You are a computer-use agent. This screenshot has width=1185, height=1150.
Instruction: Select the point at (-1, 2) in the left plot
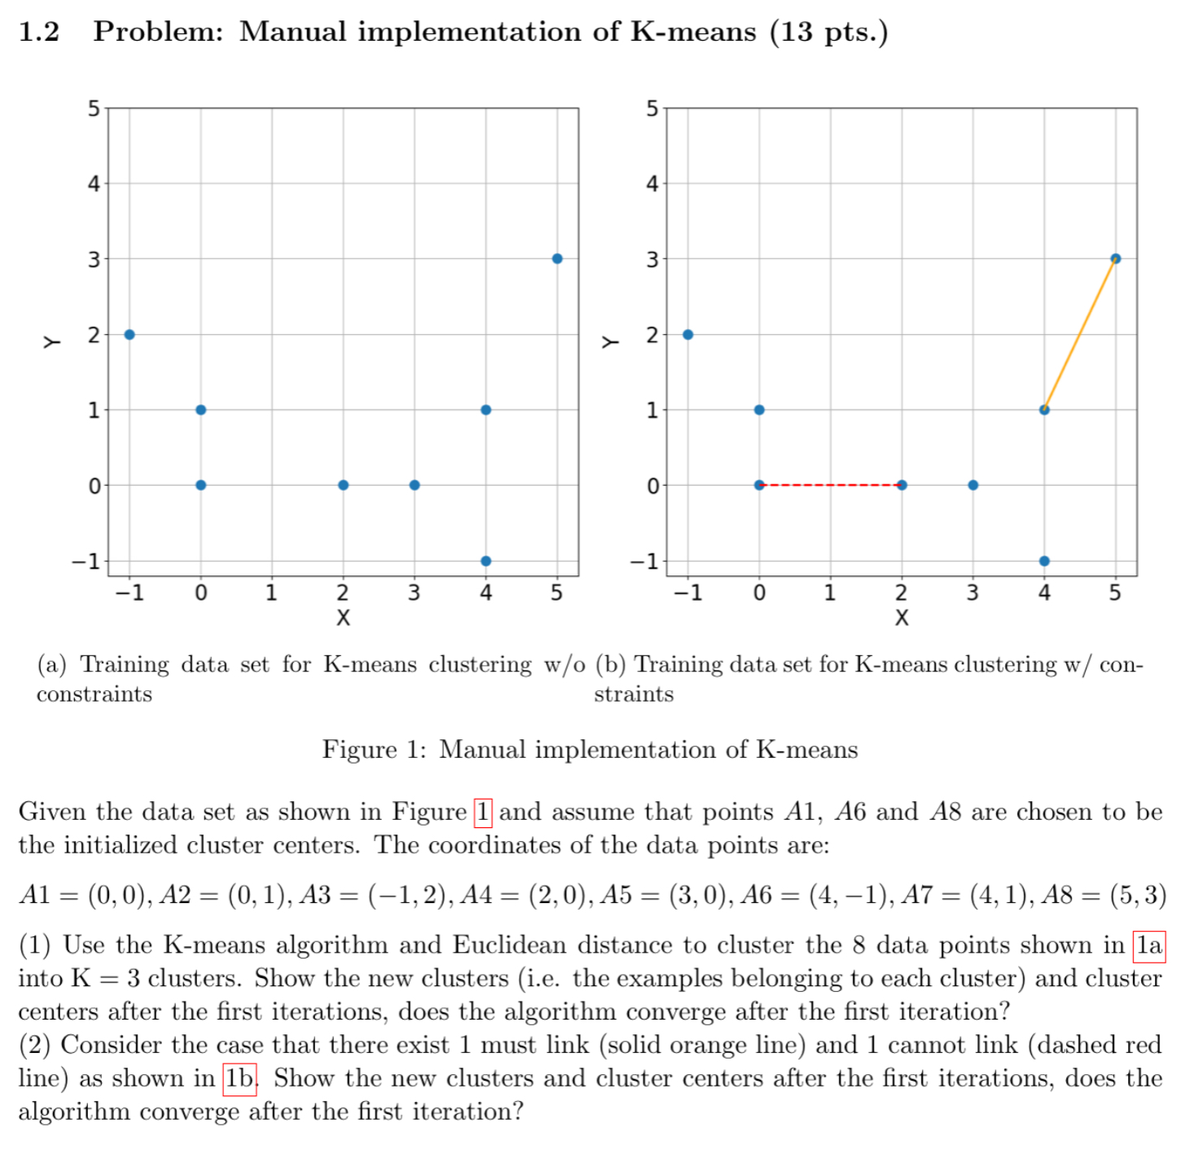point(129,334)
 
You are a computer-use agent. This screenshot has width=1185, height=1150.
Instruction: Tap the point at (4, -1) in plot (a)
point(485,561)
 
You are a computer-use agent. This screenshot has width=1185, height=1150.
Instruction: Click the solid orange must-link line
point(1080,334)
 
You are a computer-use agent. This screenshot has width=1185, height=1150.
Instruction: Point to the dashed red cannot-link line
point(830,485)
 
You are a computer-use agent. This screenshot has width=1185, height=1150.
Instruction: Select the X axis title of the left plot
point(343,618)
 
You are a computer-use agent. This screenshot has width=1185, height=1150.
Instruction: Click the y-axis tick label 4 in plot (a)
point(94,183)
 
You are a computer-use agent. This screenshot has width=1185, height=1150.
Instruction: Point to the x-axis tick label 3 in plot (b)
point(972,593)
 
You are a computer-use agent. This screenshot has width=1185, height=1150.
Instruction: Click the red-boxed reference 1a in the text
point(1149,945)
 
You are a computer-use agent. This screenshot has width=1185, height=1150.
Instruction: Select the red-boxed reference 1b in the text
point(239,1078)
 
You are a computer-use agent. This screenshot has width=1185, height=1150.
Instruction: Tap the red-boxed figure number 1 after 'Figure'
point(483,812)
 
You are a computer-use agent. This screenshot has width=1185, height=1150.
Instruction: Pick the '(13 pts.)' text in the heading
point(828,32)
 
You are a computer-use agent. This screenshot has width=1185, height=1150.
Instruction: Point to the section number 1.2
point(39,32)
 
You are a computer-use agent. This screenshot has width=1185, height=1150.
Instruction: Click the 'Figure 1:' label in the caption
point(374,749)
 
